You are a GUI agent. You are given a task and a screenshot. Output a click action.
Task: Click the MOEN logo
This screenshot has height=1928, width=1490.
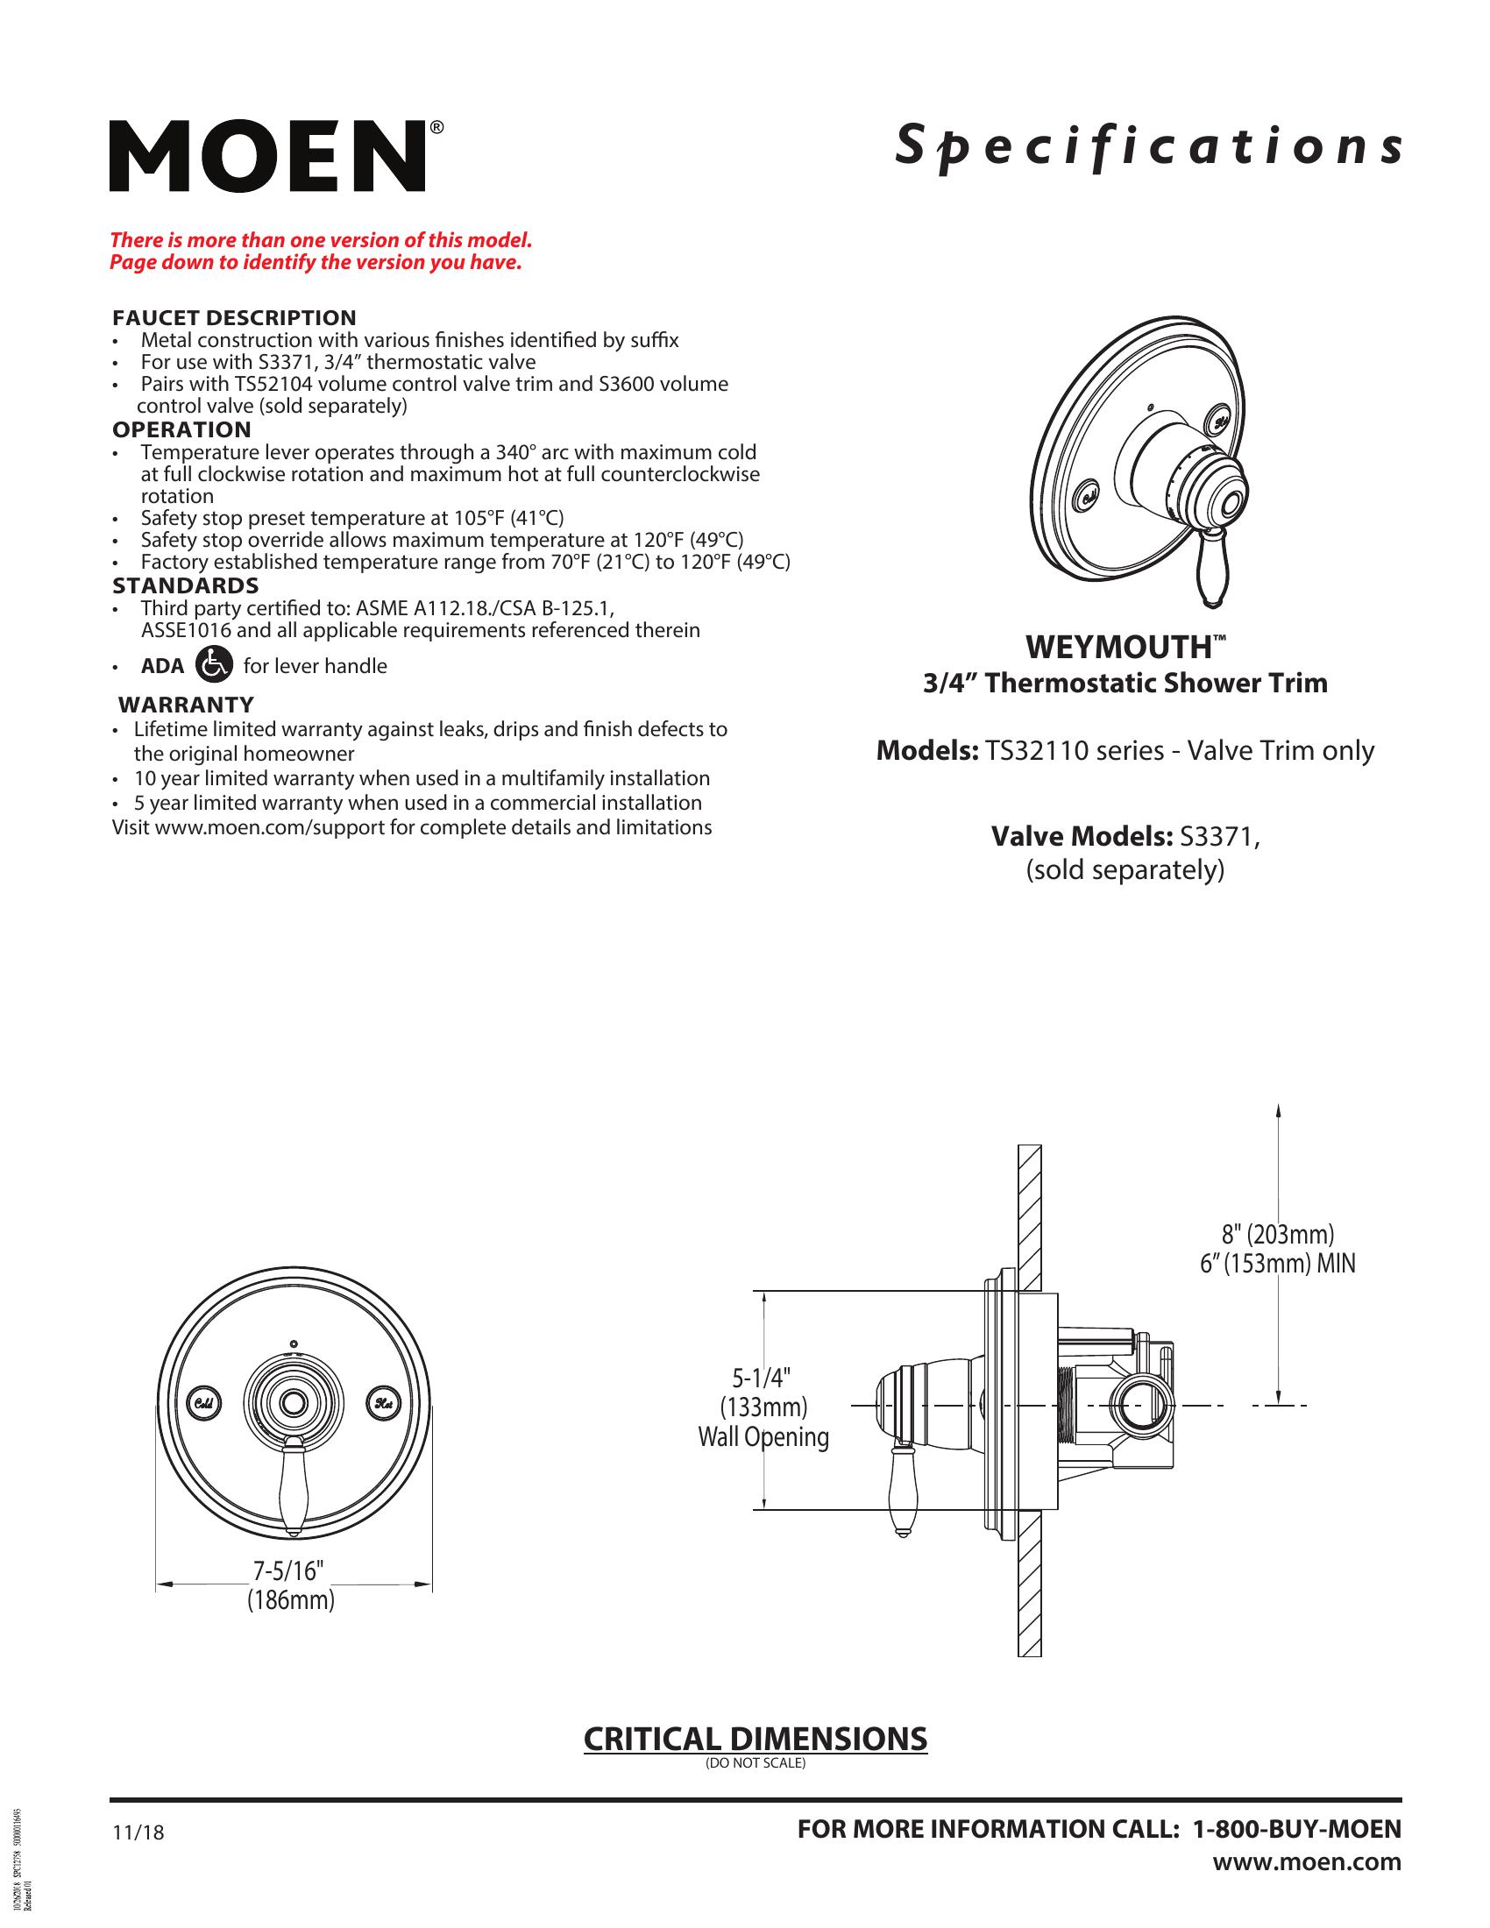point(267,156)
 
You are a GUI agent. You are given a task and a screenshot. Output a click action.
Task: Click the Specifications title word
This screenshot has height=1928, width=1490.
point(1147,147)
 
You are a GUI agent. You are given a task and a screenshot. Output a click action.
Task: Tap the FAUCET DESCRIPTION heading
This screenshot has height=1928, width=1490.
point(234,318)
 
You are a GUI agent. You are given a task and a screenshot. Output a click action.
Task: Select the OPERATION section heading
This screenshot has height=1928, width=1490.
point(181,430)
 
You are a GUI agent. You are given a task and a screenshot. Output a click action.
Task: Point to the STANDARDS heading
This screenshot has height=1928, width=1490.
point(185,585)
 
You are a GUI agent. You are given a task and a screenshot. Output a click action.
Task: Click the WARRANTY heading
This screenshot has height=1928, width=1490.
point(186,705)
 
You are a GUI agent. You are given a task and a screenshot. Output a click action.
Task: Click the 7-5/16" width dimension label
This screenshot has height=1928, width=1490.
point(289,1571)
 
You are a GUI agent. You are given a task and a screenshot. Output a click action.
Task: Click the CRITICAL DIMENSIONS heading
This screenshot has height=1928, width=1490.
point(755,1738)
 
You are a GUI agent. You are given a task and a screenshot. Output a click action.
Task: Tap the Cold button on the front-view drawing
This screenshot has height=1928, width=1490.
point(203,1403)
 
